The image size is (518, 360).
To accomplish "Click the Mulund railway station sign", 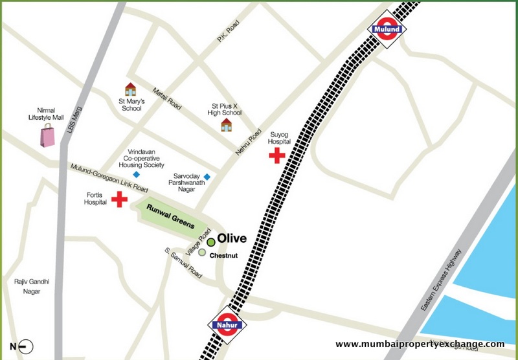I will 388,28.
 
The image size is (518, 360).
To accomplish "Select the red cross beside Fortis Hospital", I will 119,200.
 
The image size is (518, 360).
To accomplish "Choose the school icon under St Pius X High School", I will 226,124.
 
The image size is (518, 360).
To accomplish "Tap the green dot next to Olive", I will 210,242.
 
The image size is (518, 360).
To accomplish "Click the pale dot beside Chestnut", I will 203,253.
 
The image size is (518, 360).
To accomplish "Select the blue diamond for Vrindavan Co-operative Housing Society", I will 136,175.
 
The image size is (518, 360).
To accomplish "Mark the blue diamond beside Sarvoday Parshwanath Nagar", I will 207,177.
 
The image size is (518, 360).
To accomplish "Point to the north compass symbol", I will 19,346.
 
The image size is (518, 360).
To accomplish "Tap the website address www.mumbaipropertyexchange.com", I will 419,344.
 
